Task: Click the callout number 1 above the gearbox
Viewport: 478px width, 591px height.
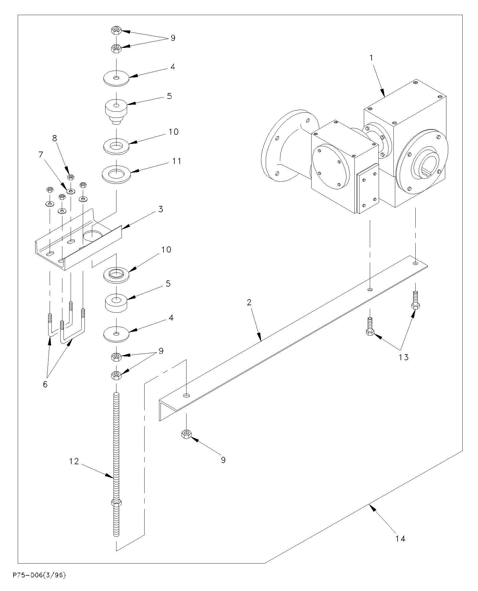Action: coord(372,58)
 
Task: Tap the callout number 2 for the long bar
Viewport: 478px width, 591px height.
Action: coord(249,302)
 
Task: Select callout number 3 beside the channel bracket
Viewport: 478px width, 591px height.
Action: coord(161,209)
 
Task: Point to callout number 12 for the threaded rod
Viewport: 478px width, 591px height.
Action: coord(74,461)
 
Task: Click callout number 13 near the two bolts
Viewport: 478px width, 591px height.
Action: coord(404,357)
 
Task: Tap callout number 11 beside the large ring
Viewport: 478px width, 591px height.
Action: coord(177,161)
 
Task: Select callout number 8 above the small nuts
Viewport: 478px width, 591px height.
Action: coord(54,138)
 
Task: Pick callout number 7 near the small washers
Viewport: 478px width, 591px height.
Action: coord(41,154)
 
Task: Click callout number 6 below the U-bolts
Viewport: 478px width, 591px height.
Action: coord(45,385)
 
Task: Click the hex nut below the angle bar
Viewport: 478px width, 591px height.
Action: coord(186,434)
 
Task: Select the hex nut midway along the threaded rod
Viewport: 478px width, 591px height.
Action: coord(116,503)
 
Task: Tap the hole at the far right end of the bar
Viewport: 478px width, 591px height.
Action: coord(416,263)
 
